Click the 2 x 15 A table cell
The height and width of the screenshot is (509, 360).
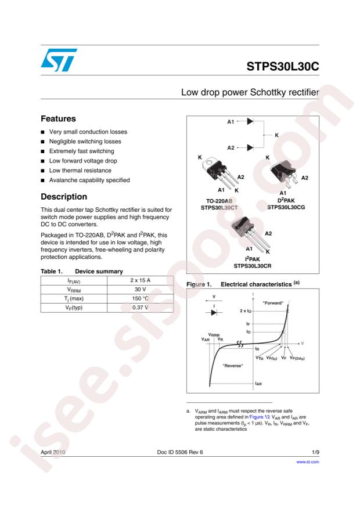tap(140, 280)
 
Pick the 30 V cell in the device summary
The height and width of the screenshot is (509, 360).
tap(140, 288)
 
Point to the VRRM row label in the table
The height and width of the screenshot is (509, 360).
tap(73, 288)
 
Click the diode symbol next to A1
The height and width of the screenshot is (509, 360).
tap(250, 122)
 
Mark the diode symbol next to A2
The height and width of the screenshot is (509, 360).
tap(250, 147)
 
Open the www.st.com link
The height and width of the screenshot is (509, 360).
tap(308, 462)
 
